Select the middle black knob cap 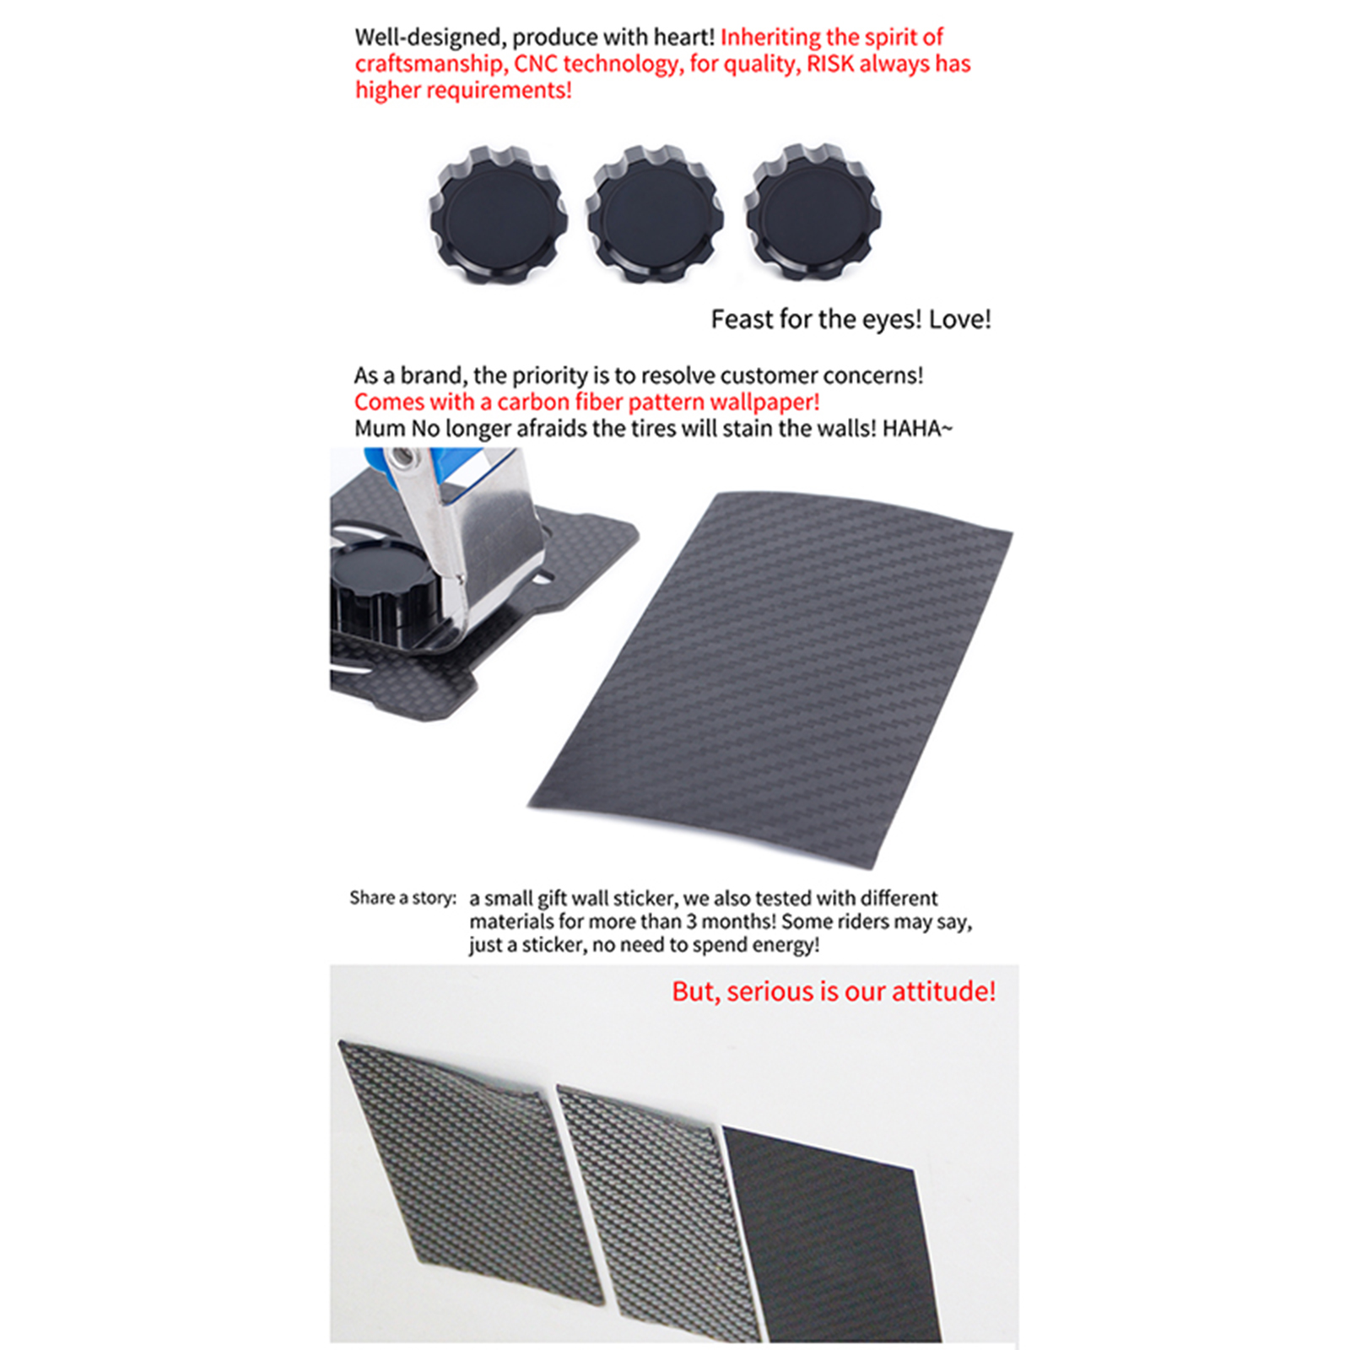655,213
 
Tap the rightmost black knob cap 813,212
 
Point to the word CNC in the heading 536,63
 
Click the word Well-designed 428,38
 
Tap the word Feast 740,319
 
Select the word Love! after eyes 960,319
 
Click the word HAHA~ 917,429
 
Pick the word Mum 380,429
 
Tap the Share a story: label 403,898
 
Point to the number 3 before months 691,921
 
